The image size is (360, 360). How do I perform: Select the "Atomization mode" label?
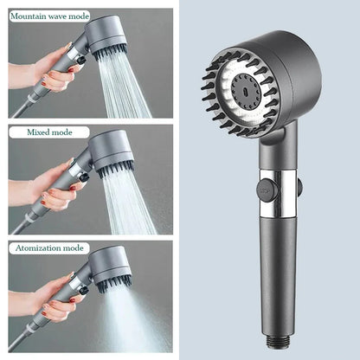coord(50,247)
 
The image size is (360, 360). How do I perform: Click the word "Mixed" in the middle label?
coord(38,132)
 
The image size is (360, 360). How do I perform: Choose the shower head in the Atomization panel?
coord(111,267)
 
